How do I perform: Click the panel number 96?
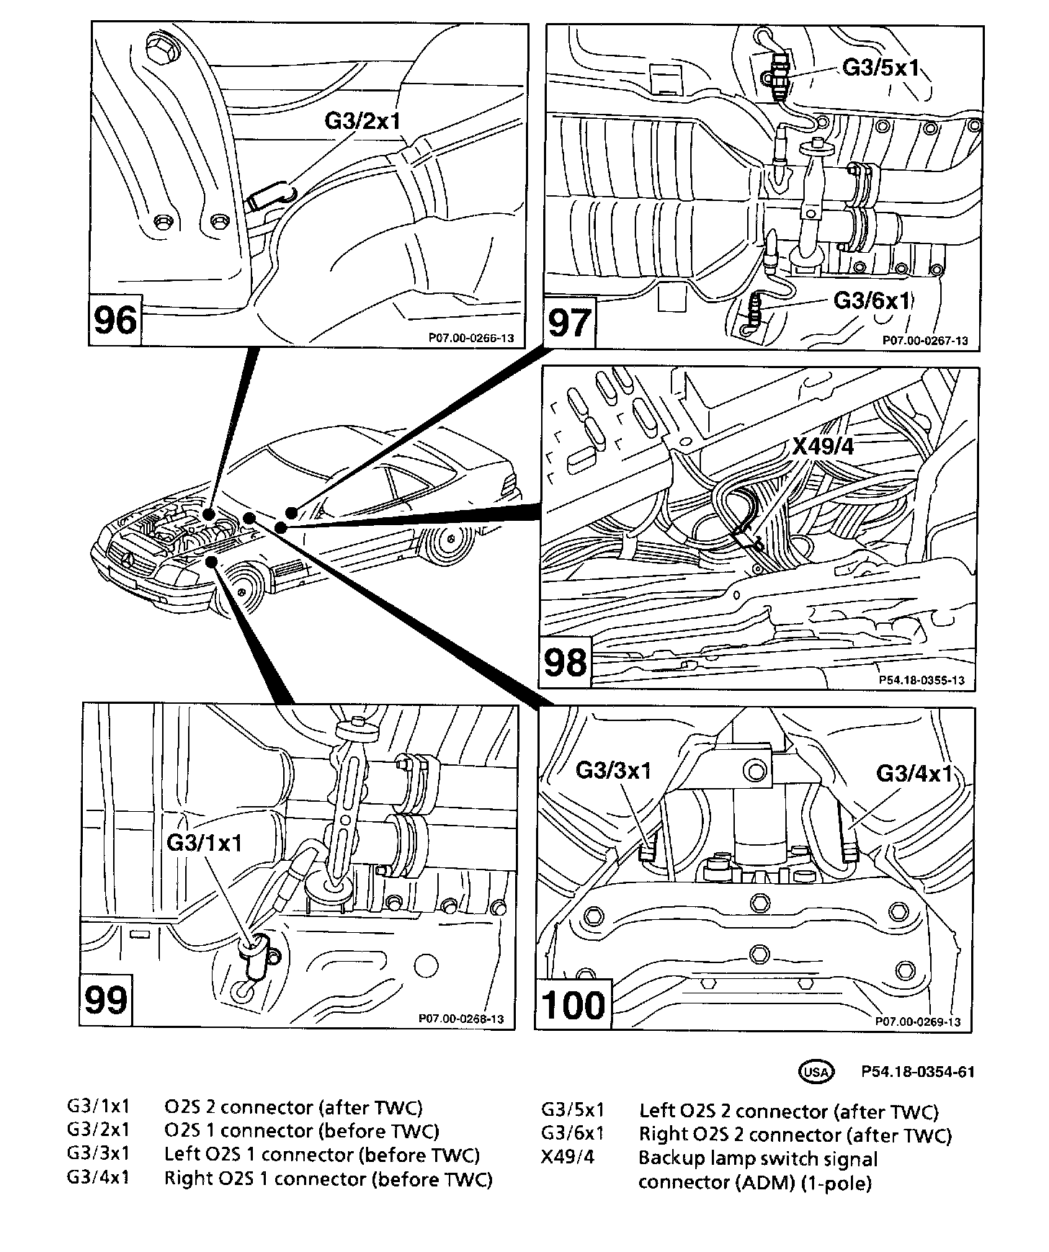115,319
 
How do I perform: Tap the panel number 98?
566,661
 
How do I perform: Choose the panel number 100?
573,1004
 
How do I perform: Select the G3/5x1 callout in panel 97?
880,68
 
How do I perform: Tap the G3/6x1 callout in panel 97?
872,300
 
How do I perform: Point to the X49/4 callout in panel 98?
823,447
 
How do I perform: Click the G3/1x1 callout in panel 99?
205,842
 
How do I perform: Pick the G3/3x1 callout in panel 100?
613,770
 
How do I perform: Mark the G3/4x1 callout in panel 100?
914,773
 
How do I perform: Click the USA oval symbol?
816,1071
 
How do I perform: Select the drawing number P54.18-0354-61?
917,1072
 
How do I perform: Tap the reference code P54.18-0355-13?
921,679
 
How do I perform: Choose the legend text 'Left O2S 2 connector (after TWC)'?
789,1112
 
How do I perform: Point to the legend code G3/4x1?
98,1179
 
